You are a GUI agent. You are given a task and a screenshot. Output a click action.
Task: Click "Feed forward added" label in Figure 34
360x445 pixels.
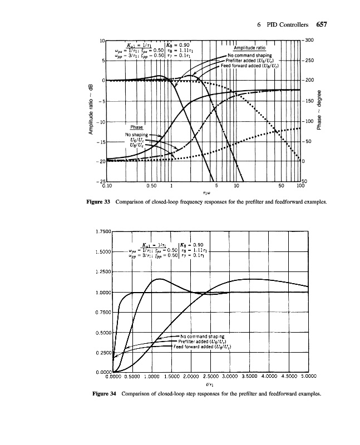203,346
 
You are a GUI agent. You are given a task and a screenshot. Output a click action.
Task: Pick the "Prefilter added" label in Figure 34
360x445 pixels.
202,341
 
